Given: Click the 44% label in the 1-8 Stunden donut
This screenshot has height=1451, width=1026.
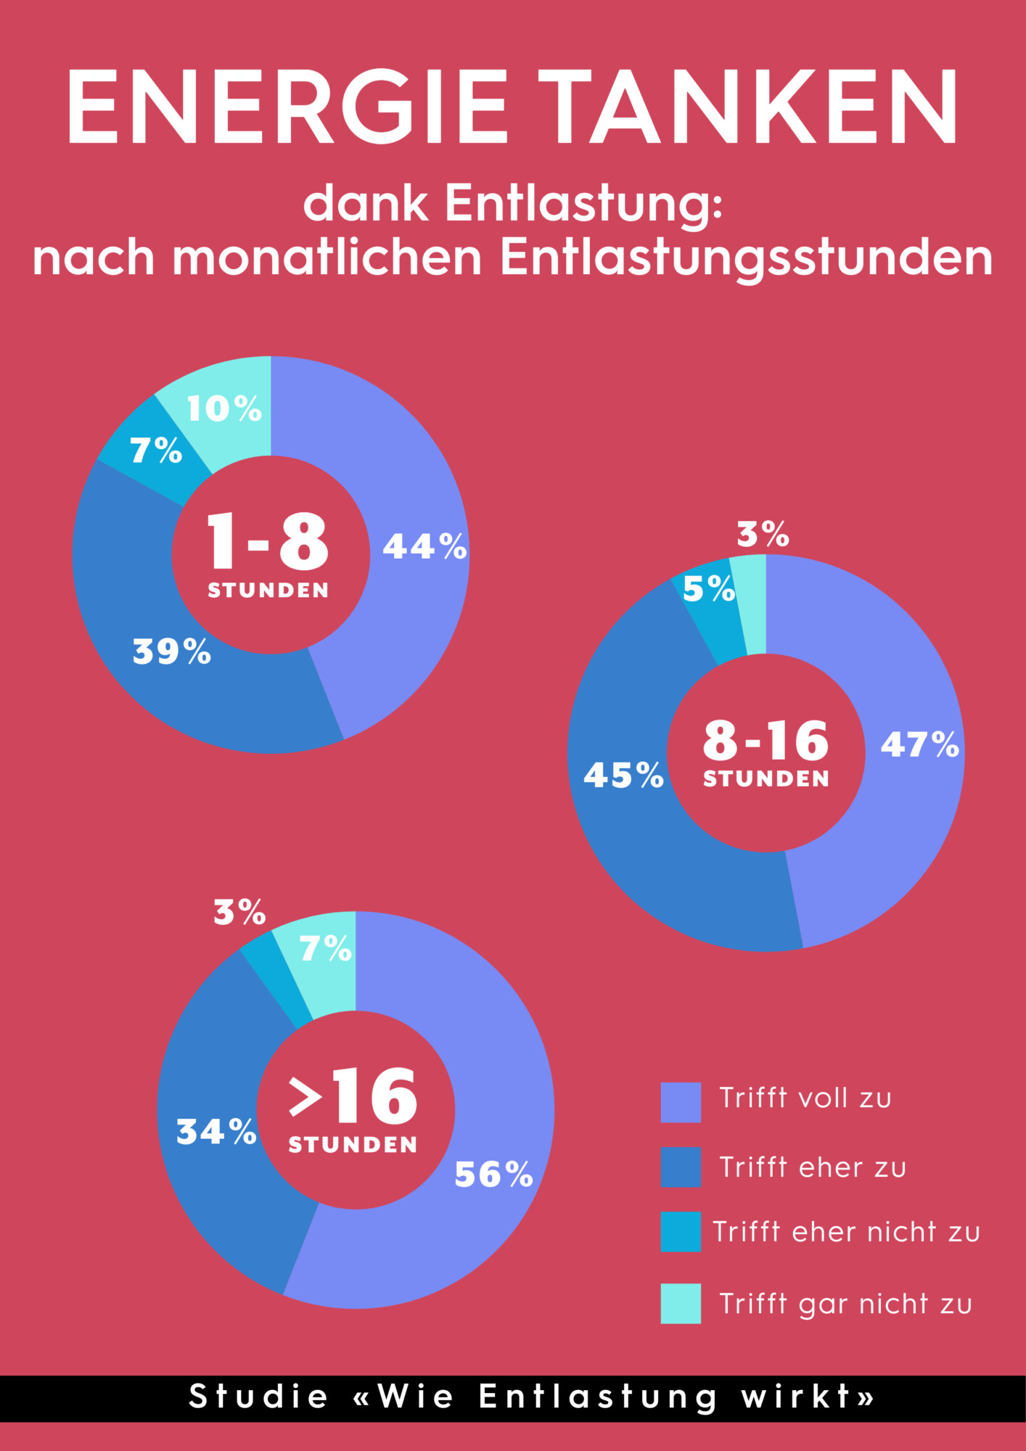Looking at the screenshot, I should (424, 546).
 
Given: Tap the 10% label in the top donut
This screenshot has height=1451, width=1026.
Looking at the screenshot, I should (224, 408).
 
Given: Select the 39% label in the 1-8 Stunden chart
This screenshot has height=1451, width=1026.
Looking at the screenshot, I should (172, 651).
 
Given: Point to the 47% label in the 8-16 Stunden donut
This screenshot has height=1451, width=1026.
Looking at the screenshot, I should (920, 744).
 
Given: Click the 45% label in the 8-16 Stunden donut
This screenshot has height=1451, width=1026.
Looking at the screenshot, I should (623, 775).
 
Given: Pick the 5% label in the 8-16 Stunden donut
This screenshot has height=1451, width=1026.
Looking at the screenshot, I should (709, 588).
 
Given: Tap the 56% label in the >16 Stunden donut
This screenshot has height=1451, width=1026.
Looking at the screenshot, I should (493, 1174).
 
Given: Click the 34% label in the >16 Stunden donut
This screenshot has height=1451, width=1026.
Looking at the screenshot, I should (216, 1131).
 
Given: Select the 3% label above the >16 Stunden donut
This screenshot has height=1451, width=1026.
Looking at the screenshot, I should (239, 912).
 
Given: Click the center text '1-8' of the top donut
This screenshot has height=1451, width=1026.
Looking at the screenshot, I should (268, 541).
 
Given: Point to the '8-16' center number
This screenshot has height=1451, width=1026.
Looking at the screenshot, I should (766, 741).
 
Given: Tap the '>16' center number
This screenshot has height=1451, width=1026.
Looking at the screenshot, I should (353, 1096).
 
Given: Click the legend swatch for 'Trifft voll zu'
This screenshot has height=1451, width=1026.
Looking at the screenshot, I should (681, 1102).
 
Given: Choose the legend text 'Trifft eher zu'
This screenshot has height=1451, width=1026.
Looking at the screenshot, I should (813, 1167).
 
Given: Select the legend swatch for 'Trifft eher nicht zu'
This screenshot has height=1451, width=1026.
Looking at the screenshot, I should (681, 1231).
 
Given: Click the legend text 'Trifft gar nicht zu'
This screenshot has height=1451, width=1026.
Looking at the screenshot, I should (845, 1304).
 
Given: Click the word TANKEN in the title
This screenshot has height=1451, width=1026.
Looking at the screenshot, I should (748, 107).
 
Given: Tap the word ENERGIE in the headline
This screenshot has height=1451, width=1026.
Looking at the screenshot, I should (287, 107).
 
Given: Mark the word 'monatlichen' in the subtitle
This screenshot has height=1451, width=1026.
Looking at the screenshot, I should (327, 258).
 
